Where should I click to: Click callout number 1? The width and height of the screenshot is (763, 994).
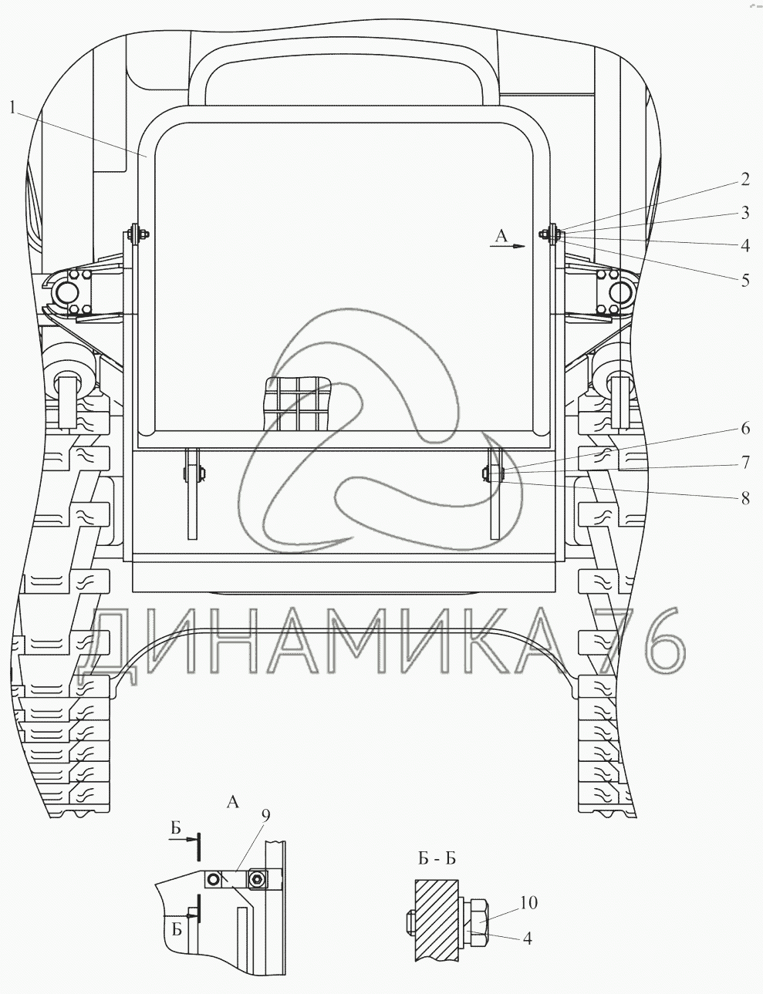(x=12, y=109)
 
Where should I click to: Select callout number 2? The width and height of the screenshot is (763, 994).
(x=745, y=180)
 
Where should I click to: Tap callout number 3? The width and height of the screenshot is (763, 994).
(x=745, y=213)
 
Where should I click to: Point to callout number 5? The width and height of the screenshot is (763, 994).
(x=745, y=280)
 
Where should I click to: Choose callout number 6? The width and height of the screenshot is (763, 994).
(x=745, y=429)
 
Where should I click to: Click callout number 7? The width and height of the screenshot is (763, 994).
(x=745, y=463)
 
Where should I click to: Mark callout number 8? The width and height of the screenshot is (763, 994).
(x=745, y=498)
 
